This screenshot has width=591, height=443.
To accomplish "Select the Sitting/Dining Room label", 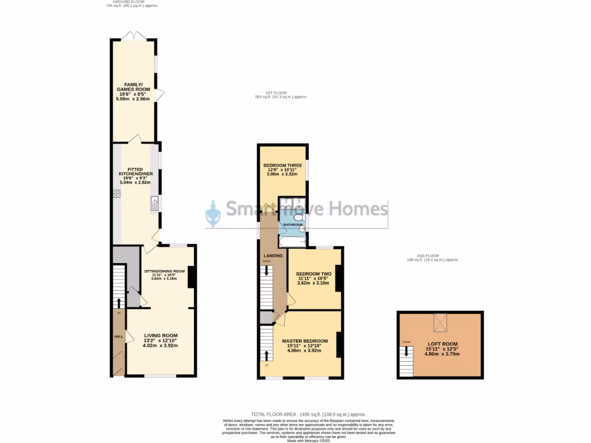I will click(x=164, y=271).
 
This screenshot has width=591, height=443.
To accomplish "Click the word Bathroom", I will click(x=293, y=224).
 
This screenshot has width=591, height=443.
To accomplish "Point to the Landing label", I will click(x=273, y=256).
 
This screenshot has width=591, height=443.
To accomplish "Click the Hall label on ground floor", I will click(x=118, y=336).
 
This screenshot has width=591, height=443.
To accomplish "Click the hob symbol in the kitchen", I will click(x=117, y=194).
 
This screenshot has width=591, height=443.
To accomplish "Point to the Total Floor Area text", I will click(x=308, y=414).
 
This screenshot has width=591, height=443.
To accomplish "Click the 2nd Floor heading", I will click(x=432, y=257).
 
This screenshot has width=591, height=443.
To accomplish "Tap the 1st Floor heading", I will click(x=281, y=95).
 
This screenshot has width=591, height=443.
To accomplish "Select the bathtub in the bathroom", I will click(x=293, y=241).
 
